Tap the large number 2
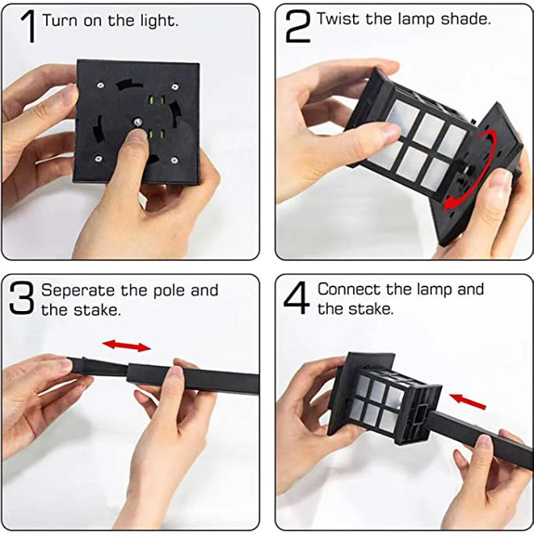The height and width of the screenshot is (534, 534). pos(297,27)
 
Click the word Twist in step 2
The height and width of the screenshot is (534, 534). pos(334,19)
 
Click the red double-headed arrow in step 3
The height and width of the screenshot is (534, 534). pos(126,345)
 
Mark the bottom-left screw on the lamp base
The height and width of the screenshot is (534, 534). pos(98,159)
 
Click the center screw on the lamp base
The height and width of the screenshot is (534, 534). pos(136,121)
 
